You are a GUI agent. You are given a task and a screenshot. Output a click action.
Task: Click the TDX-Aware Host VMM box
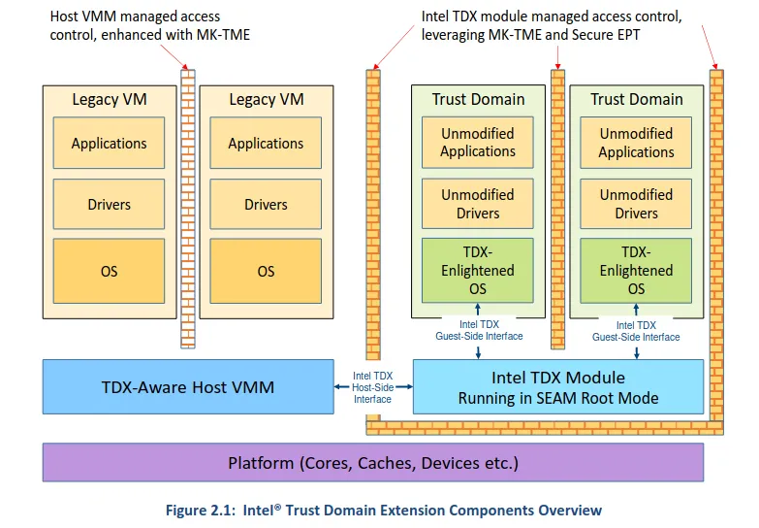coord(188,387)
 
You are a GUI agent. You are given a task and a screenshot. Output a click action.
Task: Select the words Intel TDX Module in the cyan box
coord(558,378)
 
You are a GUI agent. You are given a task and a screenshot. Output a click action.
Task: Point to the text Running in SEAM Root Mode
coord(558,398)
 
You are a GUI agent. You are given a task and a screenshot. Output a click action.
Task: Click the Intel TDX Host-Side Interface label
coord(372,386)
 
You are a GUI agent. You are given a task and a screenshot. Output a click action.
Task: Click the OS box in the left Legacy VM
coord(110,272)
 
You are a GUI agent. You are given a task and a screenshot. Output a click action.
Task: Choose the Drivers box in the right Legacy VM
coord(266,205)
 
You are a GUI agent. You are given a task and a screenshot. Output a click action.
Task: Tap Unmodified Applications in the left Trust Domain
coord(478,143)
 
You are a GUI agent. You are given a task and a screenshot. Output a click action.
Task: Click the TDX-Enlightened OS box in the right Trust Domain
coord(636,271)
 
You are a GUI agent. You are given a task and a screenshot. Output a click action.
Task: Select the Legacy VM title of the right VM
coord(266,99)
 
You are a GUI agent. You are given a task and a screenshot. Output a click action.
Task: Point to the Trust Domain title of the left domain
coord(478,99)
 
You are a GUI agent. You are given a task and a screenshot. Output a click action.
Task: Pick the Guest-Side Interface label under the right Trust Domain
coord(636,331)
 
